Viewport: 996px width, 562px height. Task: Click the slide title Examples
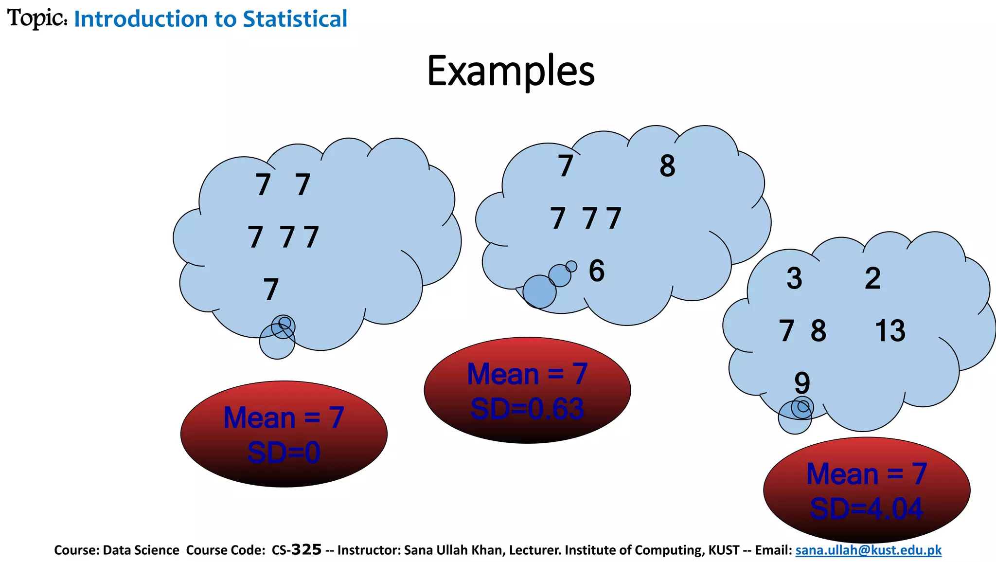pyautogui.click(x=511, y=71)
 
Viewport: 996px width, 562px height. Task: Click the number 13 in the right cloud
pyautogui.click(x=890, y=331)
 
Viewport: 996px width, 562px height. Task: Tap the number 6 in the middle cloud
pyautogui.click(x=597, y=271)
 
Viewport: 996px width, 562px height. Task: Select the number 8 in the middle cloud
pyautogui.click(x=667, y=166)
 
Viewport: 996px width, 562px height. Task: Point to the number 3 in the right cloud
pyautogui.click(x=794, y=278)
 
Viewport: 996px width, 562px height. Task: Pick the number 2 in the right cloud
pyautogui.click(x=873, y=278)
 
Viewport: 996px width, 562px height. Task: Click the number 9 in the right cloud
pyautogui.click(x=802, y=383)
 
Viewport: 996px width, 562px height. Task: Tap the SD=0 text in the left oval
pyautogui.click(x=284, y=453)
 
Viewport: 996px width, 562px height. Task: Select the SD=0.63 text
pyautogui.click(x=527, y=409)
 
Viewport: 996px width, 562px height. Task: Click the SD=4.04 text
pyautogui.click(x=866, y=509)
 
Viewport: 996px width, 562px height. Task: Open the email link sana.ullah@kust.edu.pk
pyautogui.click(x=868, y=550)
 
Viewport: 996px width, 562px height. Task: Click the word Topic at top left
pyautogui.click(x=36, y=18)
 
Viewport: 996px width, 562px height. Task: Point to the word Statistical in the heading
pyautogui.click(x=295, y=19)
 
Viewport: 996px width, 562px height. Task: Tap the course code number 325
pyautogui.click(x=306, y=550)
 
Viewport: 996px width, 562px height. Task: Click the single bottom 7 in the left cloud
pyautogui.click(x=271, y=290)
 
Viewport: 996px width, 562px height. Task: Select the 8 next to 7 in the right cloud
pyautogui.click(x=818, y=331)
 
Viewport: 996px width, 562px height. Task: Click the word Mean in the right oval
pyautogui.click(x=842, y=474)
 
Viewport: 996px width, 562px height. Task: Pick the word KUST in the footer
pyautogui.click(x=724, y=550)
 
